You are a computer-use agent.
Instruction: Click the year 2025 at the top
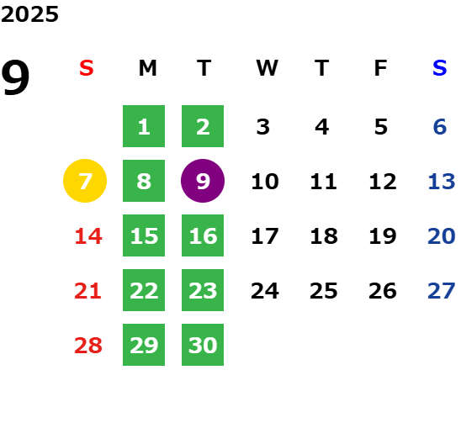(29, 14)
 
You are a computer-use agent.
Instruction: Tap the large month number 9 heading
(15, 77)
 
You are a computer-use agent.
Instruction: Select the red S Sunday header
(86, 68)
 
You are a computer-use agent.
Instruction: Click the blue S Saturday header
(439, 68)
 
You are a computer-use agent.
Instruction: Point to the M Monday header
(147, 68)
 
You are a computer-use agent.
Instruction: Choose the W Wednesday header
(267, 68)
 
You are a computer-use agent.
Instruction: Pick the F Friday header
(381, 68)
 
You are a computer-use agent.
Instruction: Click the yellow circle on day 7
(85, 181)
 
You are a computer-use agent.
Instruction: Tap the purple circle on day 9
(203, 181)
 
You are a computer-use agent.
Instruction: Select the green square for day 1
(144, 126)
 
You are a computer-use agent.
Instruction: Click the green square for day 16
(203, 235)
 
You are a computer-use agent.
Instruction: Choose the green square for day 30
(203, 345)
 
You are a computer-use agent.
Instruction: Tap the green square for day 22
(144, 290)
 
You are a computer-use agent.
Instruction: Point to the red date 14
(88, 236)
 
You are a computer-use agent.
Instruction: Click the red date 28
(88, 346)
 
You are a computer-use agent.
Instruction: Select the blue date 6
(440, 127)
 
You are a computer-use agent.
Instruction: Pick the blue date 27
(442, 291)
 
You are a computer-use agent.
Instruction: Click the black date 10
(265, 182)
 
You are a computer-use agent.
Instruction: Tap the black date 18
(324, 236)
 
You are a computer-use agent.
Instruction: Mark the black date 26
(383, 291)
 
